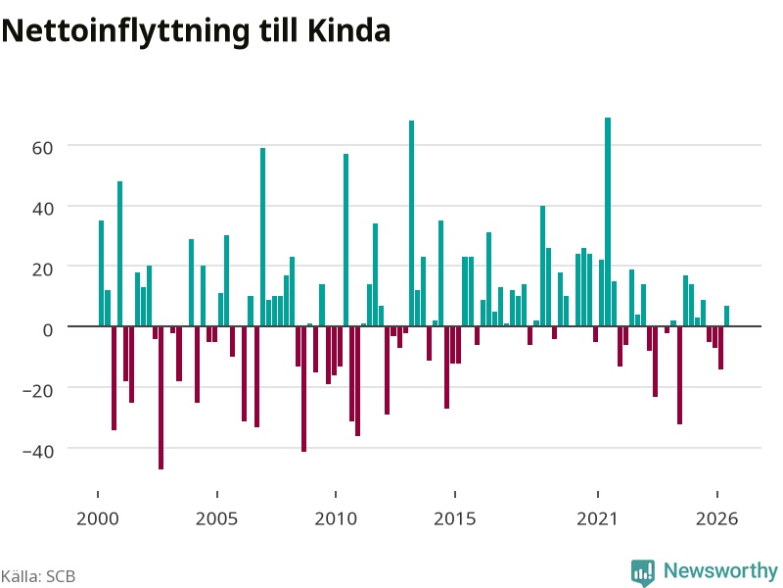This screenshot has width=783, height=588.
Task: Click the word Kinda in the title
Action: coord(348,30)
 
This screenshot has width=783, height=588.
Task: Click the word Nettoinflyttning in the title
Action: coord(125,32)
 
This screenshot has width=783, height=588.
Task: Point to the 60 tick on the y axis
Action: coord(42,148)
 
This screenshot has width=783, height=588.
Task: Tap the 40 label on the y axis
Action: coord(42,209)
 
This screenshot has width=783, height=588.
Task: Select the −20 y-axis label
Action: coord(38,390)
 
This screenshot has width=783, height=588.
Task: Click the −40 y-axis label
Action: coord(38,451)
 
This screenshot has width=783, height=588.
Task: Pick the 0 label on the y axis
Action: coord(48,330)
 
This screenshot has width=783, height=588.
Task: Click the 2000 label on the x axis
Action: coord(97,518)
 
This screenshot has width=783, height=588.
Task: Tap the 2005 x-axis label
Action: coord(216,518)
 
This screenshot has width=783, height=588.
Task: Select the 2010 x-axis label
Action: coord(336,518)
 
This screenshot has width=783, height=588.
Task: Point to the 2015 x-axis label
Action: coord(455,518)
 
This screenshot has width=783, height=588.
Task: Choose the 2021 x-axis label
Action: coord(598,518)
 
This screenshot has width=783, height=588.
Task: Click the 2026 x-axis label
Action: coord(717,518)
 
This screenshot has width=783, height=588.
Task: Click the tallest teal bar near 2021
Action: coord(608,222)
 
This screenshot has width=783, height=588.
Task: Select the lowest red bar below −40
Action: coord(161,398)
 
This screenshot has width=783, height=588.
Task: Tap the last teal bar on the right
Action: coord(726,316)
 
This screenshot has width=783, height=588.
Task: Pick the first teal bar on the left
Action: coord(102,273)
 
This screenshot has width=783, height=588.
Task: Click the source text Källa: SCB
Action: coord(38,576)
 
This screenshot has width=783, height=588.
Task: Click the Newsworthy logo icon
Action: coord(643,572)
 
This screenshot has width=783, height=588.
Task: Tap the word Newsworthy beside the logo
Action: coord(720,570)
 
